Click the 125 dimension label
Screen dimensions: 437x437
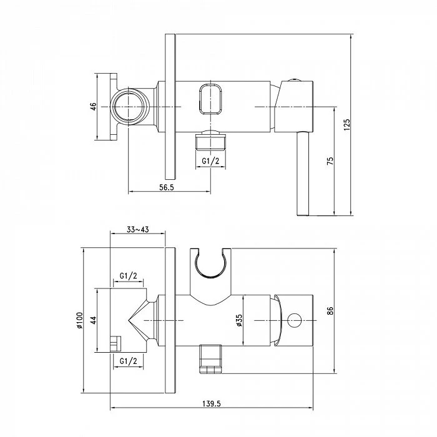coord(346,125)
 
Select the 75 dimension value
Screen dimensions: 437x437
coord(330,161)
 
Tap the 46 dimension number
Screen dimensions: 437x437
coord(94,107)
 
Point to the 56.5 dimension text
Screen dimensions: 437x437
coord(167,187)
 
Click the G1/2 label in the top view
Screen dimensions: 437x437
coord(210,161)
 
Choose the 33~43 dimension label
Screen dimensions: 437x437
coord(138,229)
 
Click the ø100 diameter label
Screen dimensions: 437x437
coord(79,320)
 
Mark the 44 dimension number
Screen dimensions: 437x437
coord(94,320)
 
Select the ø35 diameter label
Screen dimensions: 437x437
coord(239,320)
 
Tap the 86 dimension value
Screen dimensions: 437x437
coord(330,310)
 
